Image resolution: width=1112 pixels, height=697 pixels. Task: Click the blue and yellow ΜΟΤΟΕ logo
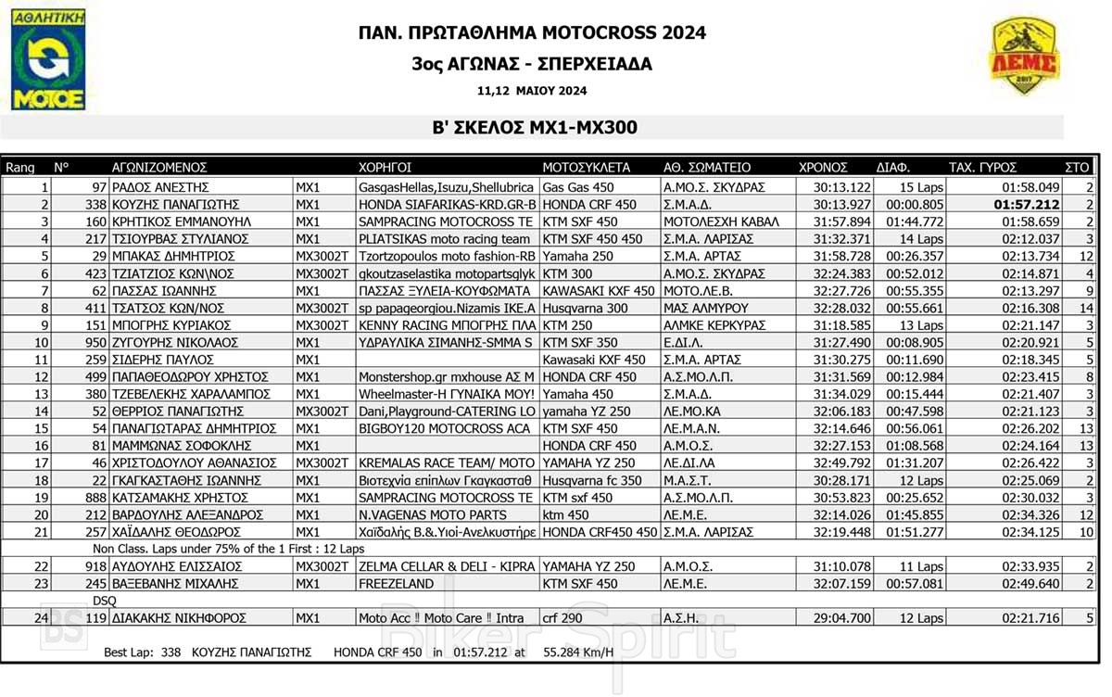[x=48, y=60]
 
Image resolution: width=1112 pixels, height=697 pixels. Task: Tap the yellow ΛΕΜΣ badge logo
[x=1024, y=57]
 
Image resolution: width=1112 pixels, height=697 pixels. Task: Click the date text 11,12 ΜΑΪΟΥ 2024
[x=532, y=91]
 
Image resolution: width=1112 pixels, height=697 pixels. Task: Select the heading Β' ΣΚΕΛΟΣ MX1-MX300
[x=532, y=128]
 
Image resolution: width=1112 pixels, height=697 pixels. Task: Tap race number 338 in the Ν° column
[x=95, y=204]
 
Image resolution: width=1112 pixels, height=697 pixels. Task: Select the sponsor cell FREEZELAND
[x=396, y=584]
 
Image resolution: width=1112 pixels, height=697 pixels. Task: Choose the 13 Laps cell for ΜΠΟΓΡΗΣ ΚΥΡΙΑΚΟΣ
[x=921, y=325]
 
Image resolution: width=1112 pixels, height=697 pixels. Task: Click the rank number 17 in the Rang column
[x=40, y=463]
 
